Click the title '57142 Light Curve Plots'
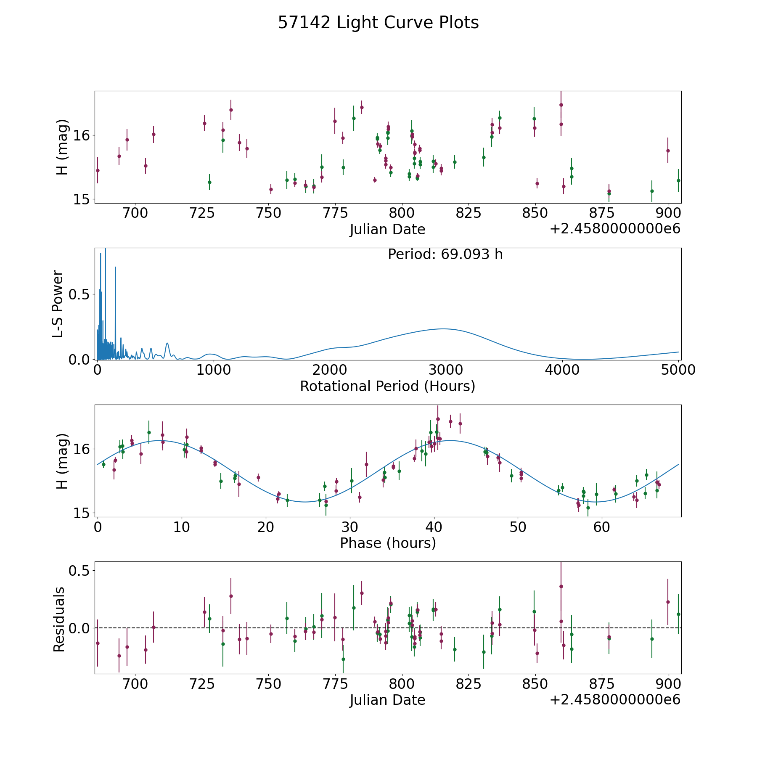click(378, 23)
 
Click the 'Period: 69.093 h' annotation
click(445, 254)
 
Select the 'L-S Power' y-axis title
click(58, 304)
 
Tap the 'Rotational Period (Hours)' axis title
click(387, 386)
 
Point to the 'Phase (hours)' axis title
click(388, 543)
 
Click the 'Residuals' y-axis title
click(59, 619)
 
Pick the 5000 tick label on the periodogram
click(678, 370)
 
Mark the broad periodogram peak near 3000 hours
click(444, 329)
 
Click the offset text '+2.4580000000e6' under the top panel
click(615, 229)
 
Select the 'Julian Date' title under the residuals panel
click(387, 700)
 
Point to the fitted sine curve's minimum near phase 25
click(305, 502)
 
